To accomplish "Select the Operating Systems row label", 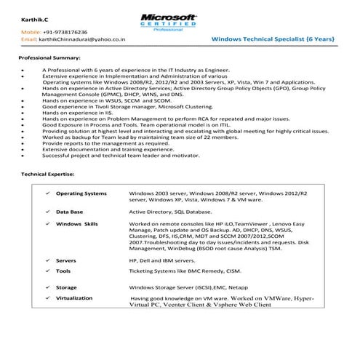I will coord(81,194).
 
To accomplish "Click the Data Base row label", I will coord(70,211).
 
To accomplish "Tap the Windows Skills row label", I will coord(77,224).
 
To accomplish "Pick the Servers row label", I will coord(67,260).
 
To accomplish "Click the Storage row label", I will coord(66,287).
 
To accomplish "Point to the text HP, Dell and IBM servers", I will coord(156,260).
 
